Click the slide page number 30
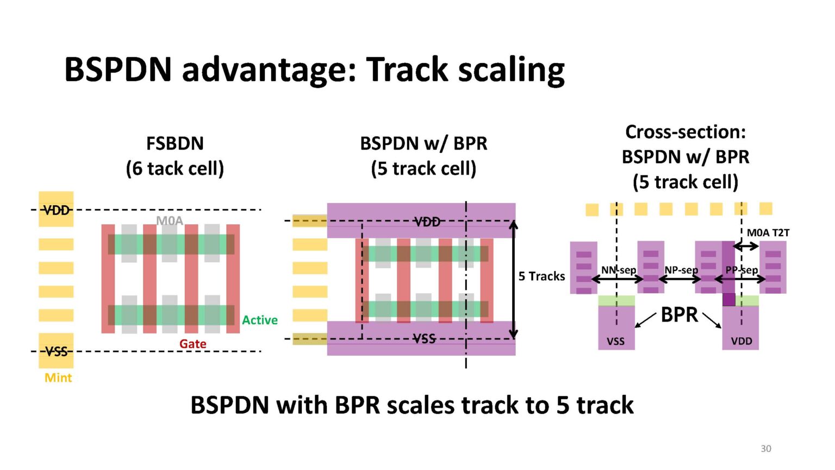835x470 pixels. (765, 448)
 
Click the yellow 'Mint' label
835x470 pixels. (58, 378)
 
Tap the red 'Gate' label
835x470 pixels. (192, 344)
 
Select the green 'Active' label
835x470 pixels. (259, 320)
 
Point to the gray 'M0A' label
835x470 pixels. (170, 220)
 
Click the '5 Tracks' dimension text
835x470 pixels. (541, 276)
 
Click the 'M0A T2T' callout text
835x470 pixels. (768, 233)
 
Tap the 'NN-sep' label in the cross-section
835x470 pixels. (618, 270)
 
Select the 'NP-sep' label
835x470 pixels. (681, 270)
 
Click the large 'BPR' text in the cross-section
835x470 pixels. (679, 314)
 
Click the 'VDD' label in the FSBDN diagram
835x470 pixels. (57, 210)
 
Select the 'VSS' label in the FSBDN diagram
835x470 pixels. (57, 351)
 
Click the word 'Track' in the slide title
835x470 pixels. (409, 70)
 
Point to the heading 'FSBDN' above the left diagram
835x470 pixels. (175, 144)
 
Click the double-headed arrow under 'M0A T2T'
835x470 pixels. (746, 246)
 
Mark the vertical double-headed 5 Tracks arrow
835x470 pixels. (513, 280)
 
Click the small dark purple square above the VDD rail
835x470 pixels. (728, 300)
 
